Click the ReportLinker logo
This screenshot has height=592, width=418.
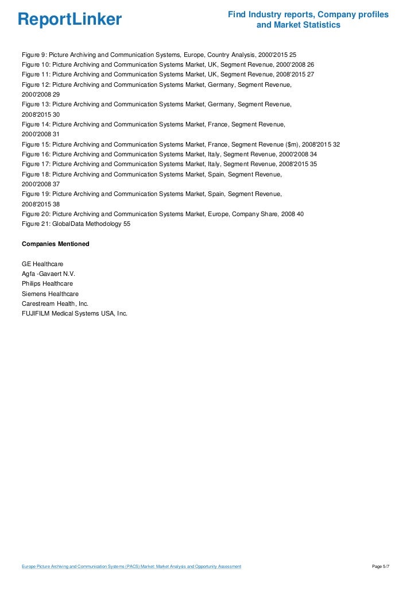coord(69,20)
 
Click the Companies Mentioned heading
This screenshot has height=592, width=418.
coord(55,244)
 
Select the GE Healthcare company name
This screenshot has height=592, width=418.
coord(42,263)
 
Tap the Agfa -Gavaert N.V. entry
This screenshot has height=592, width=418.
coord(48,274)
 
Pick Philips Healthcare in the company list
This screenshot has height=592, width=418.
coord(47,283)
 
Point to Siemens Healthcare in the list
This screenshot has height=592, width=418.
coord(50,294)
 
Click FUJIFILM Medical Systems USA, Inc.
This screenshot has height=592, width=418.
coord(74,313)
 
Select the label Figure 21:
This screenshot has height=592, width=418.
coord(36,224)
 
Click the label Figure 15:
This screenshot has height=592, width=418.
coord(36,144)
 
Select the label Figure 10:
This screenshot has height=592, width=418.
coord(36,64)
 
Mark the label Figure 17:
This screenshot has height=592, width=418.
coord(36,164)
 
